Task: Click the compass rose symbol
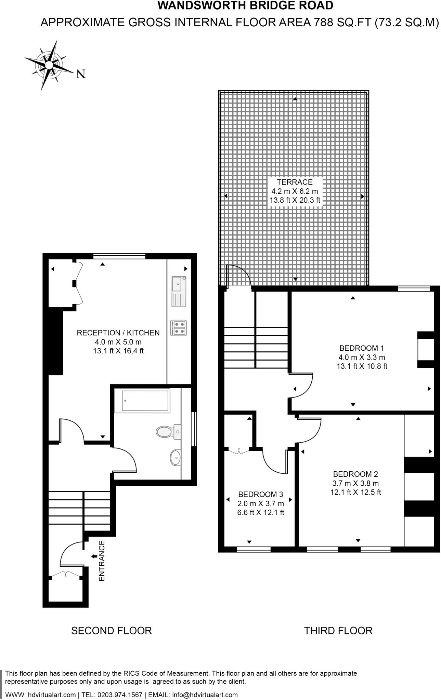[49, 65]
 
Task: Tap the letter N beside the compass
[81, 74]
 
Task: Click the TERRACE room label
[295, 182]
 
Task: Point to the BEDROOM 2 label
[355, 474]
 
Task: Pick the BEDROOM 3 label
[260, 494]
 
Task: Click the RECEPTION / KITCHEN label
[118, 333]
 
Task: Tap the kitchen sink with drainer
[179, 292]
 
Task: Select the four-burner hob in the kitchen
[179, 328]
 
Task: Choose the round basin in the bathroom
[176, 457]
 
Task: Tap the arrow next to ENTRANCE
[93, 556]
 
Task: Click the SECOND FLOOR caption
[111, 631]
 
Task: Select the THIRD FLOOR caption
[338, 631]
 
